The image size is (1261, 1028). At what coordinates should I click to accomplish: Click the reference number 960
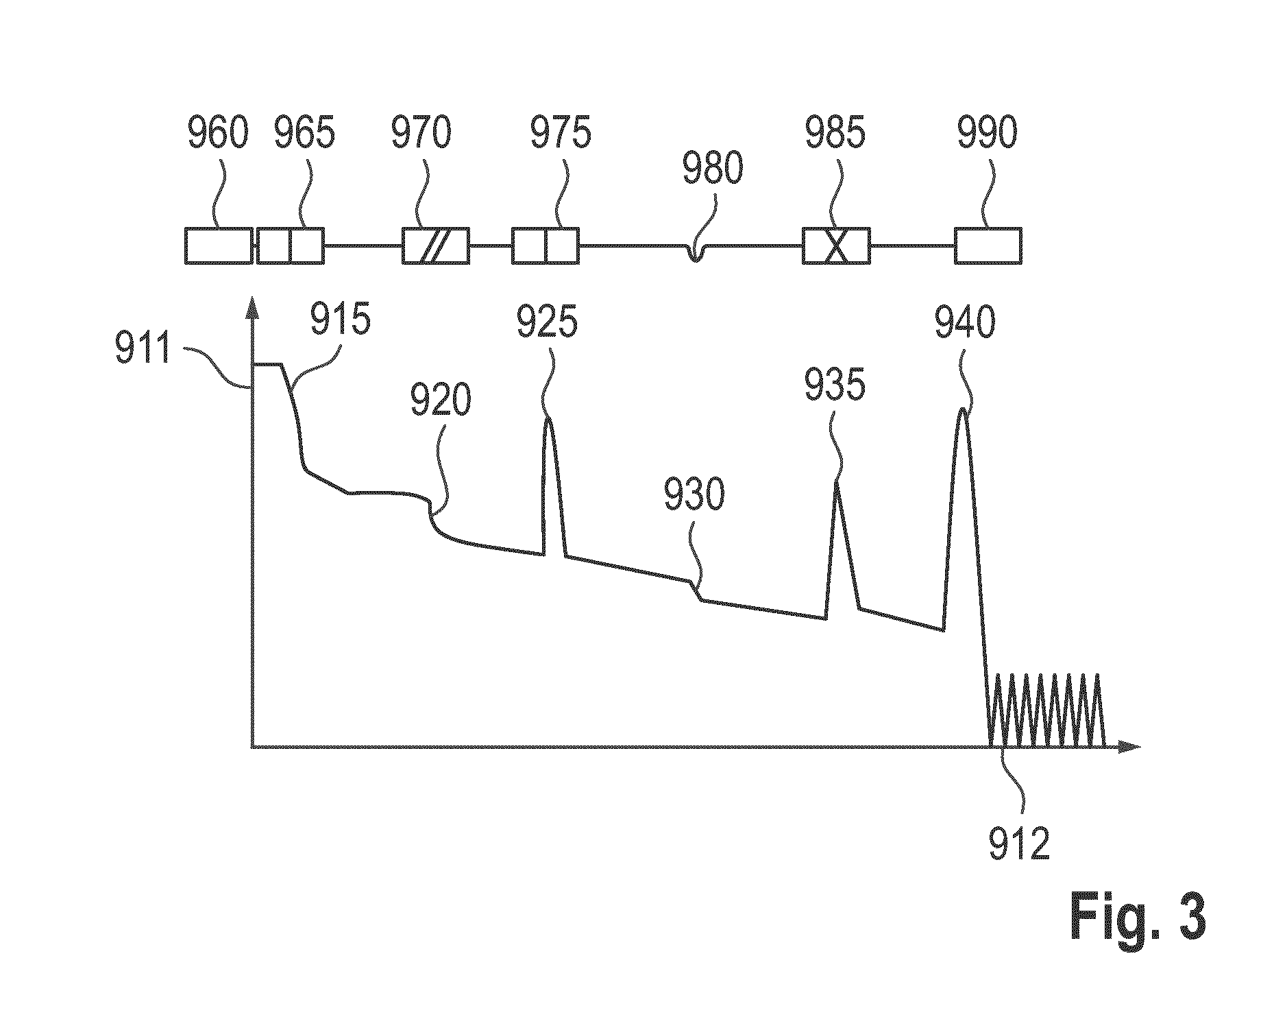click(x=217, y=133)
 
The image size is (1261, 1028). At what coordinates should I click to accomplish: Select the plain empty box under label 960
click(x=219, y=246)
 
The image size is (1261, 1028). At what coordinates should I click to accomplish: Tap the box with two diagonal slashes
click(x=436, y=246)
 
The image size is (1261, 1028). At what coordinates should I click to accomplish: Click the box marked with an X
click(x=836, y=246)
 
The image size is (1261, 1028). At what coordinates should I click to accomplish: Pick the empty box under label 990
click(x=988, y=246)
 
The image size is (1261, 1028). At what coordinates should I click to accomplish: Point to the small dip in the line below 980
click(x=696, y=254)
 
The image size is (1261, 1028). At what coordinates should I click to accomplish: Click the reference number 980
click(x=713, y=168)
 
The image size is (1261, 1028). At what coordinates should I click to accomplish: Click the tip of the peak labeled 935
click(x=836, y=482)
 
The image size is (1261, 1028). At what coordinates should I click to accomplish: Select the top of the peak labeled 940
click(x=964, y=409)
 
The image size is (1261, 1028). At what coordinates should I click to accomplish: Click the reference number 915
click(x=341, y=319)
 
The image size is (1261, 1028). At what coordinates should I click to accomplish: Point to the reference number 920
click(x=441, y=400)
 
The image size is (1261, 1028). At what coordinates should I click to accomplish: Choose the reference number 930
click(x=694, y=494)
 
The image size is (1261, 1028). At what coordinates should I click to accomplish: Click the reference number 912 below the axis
click(x=1019, y=844)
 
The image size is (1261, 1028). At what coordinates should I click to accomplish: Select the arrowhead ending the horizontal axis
click(x=1129, y=746)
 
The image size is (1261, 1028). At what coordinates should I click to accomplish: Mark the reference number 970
click(x=421, y=133)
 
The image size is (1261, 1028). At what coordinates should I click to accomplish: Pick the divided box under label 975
click(x=546, y=246)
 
